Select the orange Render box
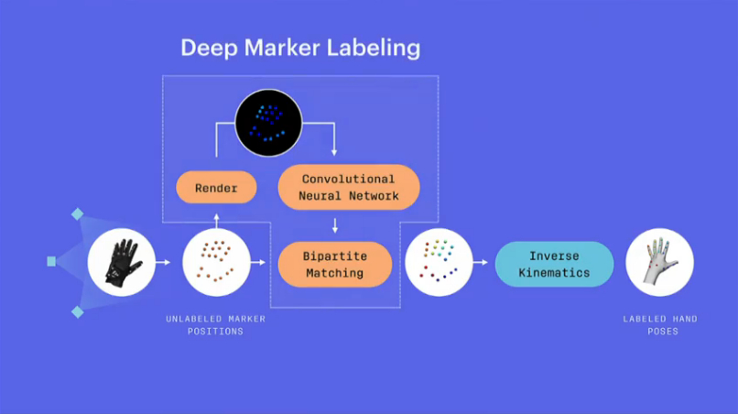216,188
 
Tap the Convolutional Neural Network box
348,188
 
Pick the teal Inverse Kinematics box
554,264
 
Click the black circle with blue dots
268,123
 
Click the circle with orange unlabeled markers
216,262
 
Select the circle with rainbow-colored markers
439,263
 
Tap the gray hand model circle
659,262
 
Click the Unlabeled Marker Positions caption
216,325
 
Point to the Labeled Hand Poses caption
659,325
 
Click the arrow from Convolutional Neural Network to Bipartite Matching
336,225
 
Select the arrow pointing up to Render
217,220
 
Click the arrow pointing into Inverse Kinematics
482,263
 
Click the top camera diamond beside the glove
78,214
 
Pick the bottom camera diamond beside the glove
78,312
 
